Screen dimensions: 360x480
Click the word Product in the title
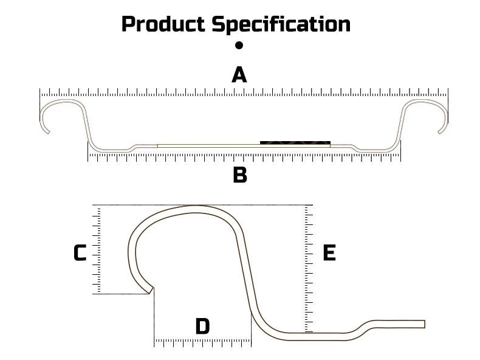[163, 24]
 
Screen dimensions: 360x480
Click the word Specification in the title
[281, 24]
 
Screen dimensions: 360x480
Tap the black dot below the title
[239, 45]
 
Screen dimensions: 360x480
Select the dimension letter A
[239, 75]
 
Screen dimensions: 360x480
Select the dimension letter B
[240, 175]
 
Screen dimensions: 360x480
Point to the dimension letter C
[80, 253]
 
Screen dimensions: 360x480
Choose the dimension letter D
[202, 327]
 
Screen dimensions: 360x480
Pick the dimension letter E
[329, 253]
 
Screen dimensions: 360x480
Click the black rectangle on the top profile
[295, 142]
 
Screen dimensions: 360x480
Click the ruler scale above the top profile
[243, 93]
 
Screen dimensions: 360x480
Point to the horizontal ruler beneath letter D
[202, 343]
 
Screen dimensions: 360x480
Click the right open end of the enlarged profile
[423, 324]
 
